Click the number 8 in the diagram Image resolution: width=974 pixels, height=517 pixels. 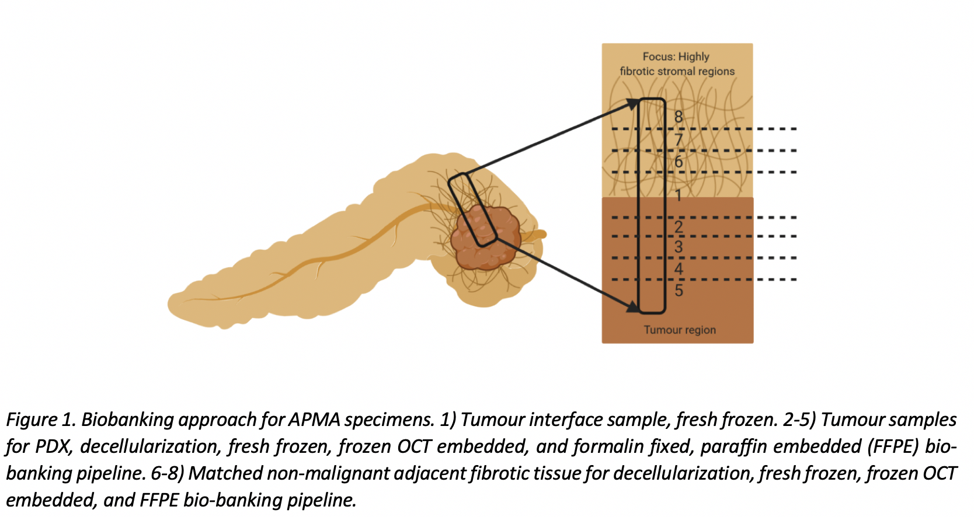[679, 117]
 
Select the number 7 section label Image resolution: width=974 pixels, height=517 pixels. [679, 139]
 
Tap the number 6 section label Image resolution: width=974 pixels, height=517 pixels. [679, 162]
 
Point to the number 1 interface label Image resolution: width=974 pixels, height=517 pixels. [679, 195]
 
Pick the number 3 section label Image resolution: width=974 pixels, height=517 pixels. [679, 247]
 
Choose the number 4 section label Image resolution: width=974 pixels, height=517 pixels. [679, 268]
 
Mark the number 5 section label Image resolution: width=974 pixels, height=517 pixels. [679, 290]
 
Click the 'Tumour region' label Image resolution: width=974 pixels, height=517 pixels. [680, 330]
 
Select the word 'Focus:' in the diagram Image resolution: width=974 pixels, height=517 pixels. [659, 57]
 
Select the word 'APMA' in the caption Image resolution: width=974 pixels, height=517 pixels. [314, 420]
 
